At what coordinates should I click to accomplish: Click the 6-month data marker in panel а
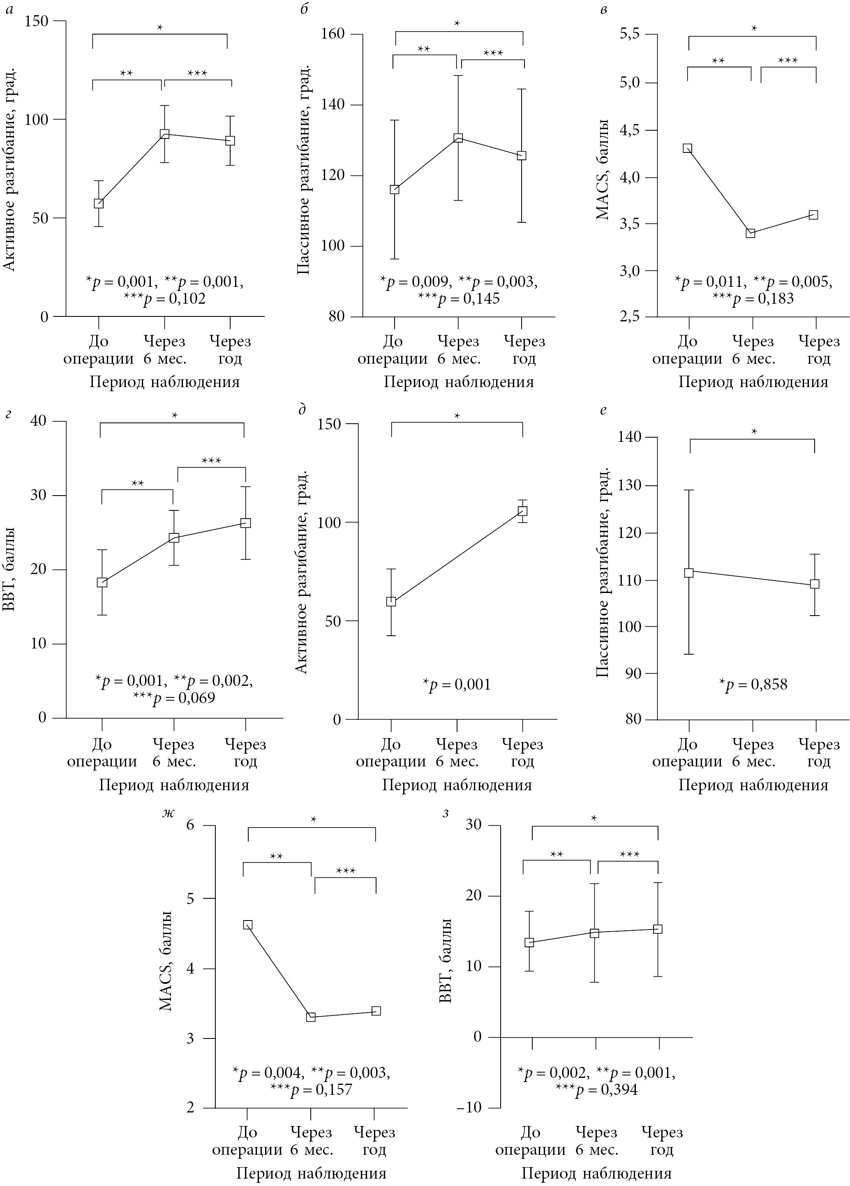[164, 134]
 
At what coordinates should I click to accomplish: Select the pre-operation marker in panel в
[687, 148]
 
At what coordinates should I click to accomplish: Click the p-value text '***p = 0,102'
[165, 299]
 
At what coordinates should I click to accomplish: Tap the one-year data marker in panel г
[245, 523]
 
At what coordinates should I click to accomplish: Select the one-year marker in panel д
[522, 510]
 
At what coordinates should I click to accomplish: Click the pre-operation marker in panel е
[689, 572]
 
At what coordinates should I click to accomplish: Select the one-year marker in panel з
[658, 929]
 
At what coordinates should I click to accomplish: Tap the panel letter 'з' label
[446, 814]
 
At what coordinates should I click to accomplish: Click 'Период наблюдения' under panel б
[459, 382]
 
